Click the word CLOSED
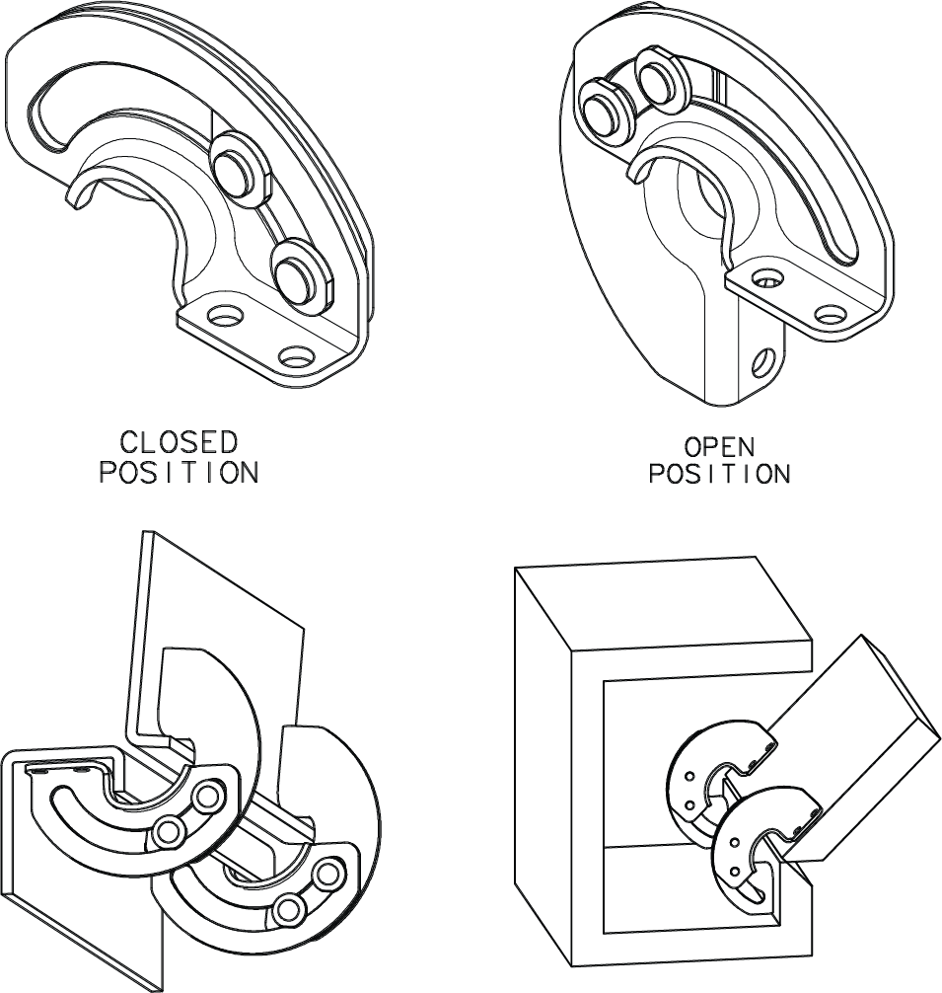pyautogui.click(x=179, y=441)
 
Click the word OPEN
pyautogui.click(x=719, y=446)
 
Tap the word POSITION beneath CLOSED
pyautogui.click(x=179, y=473)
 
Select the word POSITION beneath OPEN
pyautogui.click(x=719, y=474)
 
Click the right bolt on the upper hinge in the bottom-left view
pyautogui.click(x=208, y=796)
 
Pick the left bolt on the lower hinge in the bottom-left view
pyautogui.click(x=288, y=906)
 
